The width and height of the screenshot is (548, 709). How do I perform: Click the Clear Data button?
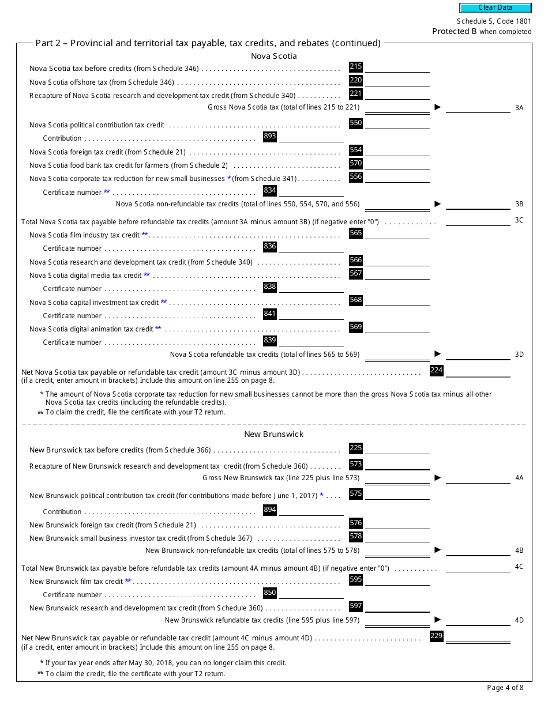495,7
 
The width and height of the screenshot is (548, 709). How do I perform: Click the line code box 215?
356,67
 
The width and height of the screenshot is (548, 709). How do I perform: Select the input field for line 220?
397,81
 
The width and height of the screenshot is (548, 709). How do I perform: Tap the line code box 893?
269,137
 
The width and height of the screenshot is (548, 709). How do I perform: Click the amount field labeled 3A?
478,107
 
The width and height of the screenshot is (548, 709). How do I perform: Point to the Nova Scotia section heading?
274,56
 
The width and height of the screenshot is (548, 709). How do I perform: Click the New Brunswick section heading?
273,434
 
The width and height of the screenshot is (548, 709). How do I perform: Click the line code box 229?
437,636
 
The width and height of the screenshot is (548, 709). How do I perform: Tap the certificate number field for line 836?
311,247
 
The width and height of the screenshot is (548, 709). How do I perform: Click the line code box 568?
356,300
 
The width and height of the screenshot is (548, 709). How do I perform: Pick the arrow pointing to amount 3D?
438,353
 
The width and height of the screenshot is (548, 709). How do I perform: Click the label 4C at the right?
519,567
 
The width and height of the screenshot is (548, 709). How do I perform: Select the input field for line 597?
397,607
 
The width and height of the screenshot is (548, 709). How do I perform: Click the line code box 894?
269,510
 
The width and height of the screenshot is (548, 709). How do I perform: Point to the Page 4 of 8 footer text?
505,687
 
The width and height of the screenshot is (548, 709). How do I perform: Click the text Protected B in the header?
455,31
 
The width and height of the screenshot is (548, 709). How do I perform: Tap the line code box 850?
269,593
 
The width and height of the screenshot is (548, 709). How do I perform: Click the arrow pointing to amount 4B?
438,549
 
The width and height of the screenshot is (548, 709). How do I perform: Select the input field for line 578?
397,537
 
